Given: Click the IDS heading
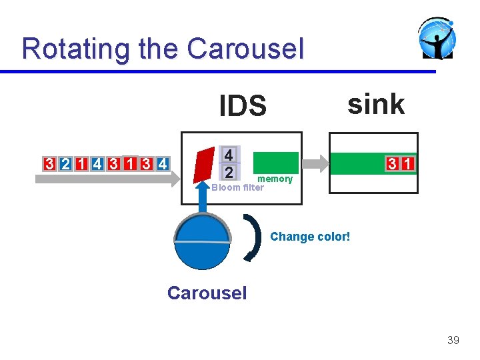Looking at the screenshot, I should tap(243, 105).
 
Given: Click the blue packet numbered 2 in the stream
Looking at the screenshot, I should tap(65, 164).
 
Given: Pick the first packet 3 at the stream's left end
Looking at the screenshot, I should tap(49, 164).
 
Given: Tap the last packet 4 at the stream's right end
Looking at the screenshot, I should tap(162, 164).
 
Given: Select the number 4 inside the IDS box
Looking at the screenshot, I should tap(229, 155).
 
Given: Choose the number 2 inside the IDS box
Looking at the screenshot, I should tap(229, 173).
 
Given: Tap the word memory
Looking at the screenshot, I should tap(275, 179).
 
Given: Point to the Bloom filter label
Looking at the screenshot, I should tap(237, 187).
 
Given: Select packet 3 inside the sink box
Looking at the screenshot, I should tap(394, 164).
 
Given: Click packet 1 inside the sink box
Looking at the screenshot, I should tap(408, 164).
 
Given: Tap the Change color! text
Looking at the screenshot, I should tap(310, 237).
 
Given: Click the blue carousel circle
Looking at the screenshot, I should tap(202, 241).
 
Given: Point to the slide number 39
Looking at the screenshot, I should tap(453, 341).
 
